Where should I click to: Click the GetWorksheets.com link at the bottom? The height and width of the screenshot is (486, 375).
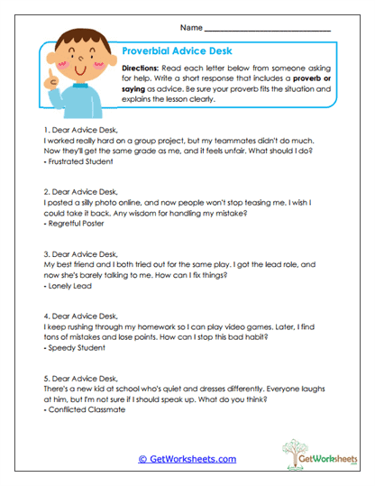[187, 459]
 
